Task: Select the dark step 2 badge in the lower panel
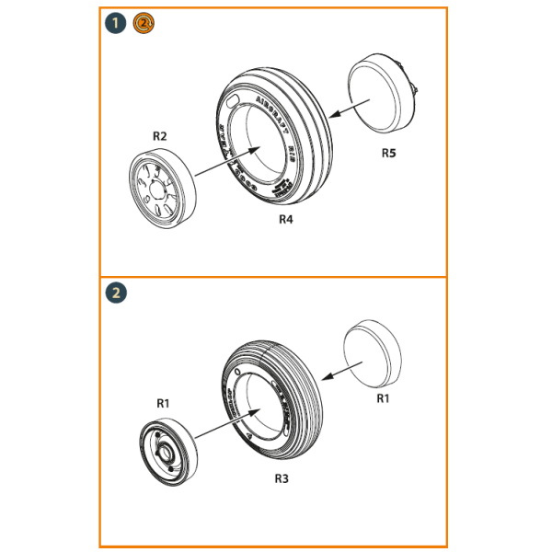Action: pyautogui.click(x=117, y=293)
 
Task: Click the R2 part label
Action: pyautogui.click(x=159, y=136)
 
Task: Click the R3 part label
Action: pyautogui.click(x=282, y=479)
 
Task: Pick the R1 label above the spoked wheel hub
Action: pyautogui.click(x=163, y=403)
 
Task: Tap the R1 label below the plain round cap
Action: pyautogui.click(x=384, y=398)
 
